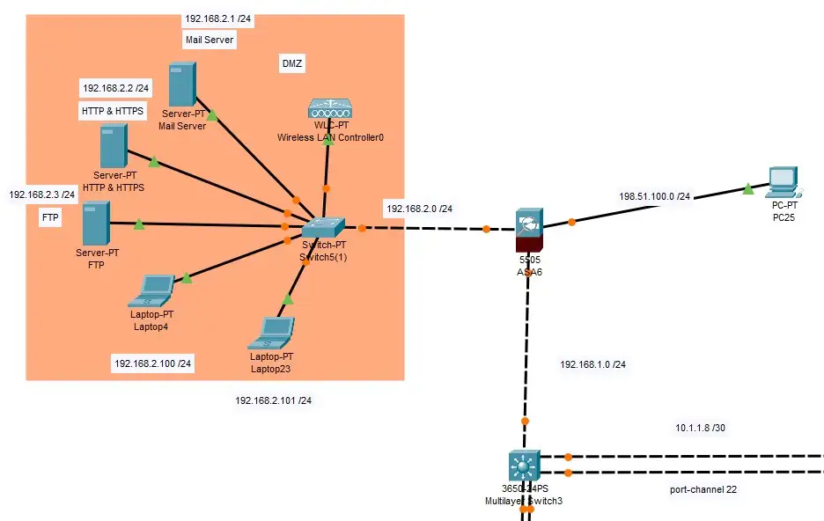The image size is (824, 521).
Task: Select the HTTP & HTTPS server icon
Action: tap(113, 145)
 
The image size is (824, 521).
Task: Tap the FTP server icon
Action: tap(96, 224)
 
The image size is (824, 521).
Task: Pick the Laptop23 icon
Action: tap(274, 332)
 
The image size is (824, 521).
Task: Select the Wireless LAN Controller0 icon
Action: tap(330, 109)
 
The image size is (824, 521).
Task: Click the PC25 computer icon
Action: tap(781, 182)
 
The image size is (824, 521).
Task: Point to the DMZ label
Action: tap(291, 64)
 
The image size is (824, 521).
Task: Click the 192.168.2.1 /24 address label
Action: tap(217, 18)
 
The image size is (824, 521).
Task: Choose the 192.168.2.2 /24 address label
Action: tap(116, 88)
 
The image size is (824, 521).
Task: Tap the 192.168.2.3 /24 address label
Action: tap(41, 194)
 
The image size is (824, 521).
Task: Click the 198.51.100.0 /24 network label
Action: tap(654, 196)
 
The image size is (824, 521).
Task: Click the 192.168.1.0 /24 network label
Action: tap(593, 363)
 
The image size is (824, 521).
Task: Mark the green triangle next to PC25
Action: tap(747, 188)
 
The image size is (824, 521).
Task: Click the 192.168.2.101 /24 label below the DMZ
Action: tap(273, 400)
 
